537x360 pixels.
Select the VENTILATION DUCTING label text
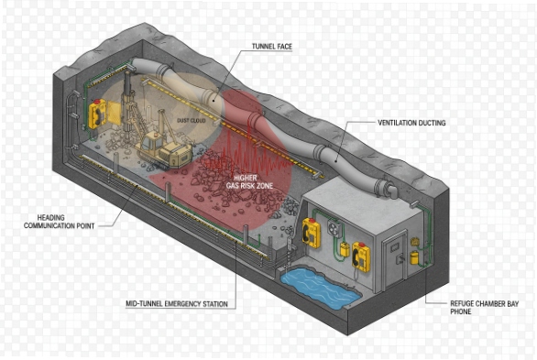click(411, 123)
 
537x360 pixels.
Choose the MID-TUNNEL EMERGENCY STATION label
click(176, 303)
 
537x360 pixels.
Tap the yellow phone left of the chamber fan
click(313, 234)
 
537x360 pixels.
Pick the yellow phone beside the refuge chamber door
click(362, 257)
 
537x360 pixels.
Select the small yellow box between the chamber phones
click(344, 248)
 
